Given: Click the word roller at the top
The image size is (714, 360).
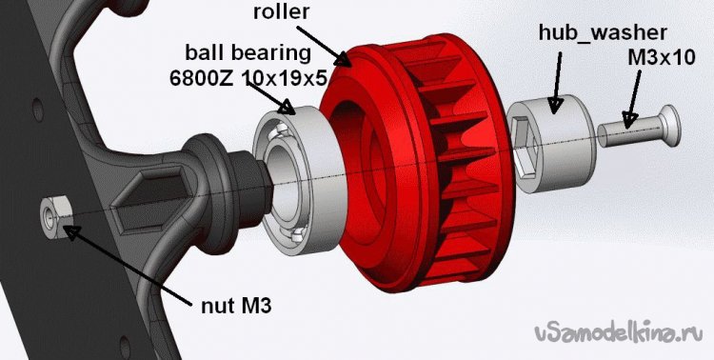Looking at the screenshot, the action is click(282, 11).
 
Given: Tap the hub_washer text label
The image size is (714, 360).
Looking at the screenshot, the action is click(603, 32).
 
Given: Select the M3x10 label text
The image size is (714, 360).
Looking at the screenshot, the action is click(662, 58).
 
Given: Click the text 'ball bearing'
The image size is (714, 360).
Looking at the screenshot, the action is click(248, 53).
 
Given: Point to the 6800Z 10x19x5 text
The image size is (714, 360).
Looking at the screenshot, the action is click(248, 78).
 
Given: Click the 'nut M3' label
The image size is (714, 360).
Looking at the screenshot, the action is click(236, 306).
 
